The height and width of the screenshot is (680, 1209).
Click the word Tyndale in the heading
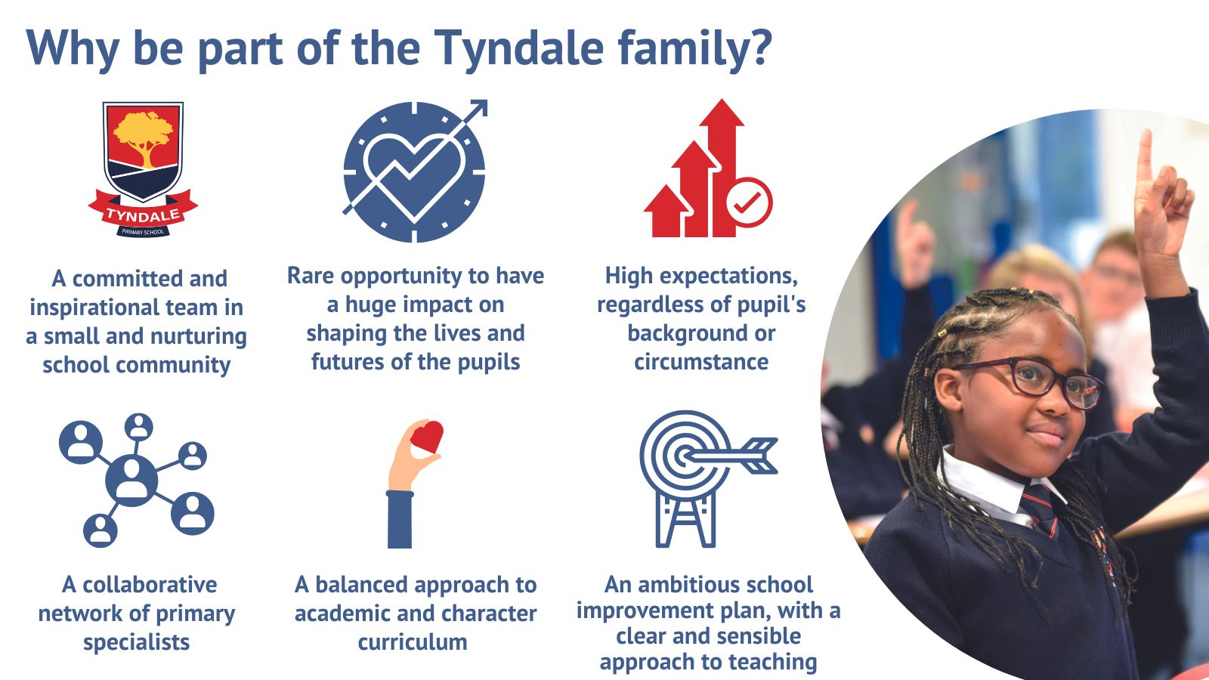518,49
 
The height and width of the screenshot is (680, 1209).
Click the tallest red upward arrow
722,167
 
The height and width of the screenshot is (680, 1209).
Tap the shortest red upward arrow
666,211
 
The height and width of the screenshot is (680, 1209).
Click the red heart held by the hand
427,436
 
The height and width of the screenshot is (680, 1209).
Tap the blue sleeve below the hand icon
400,519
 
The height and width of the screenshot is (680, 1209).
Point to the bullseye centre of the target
685,456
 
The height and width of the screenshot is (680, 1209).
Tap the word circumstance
701,362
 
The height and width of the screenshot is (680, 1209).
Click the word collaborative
150,585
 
